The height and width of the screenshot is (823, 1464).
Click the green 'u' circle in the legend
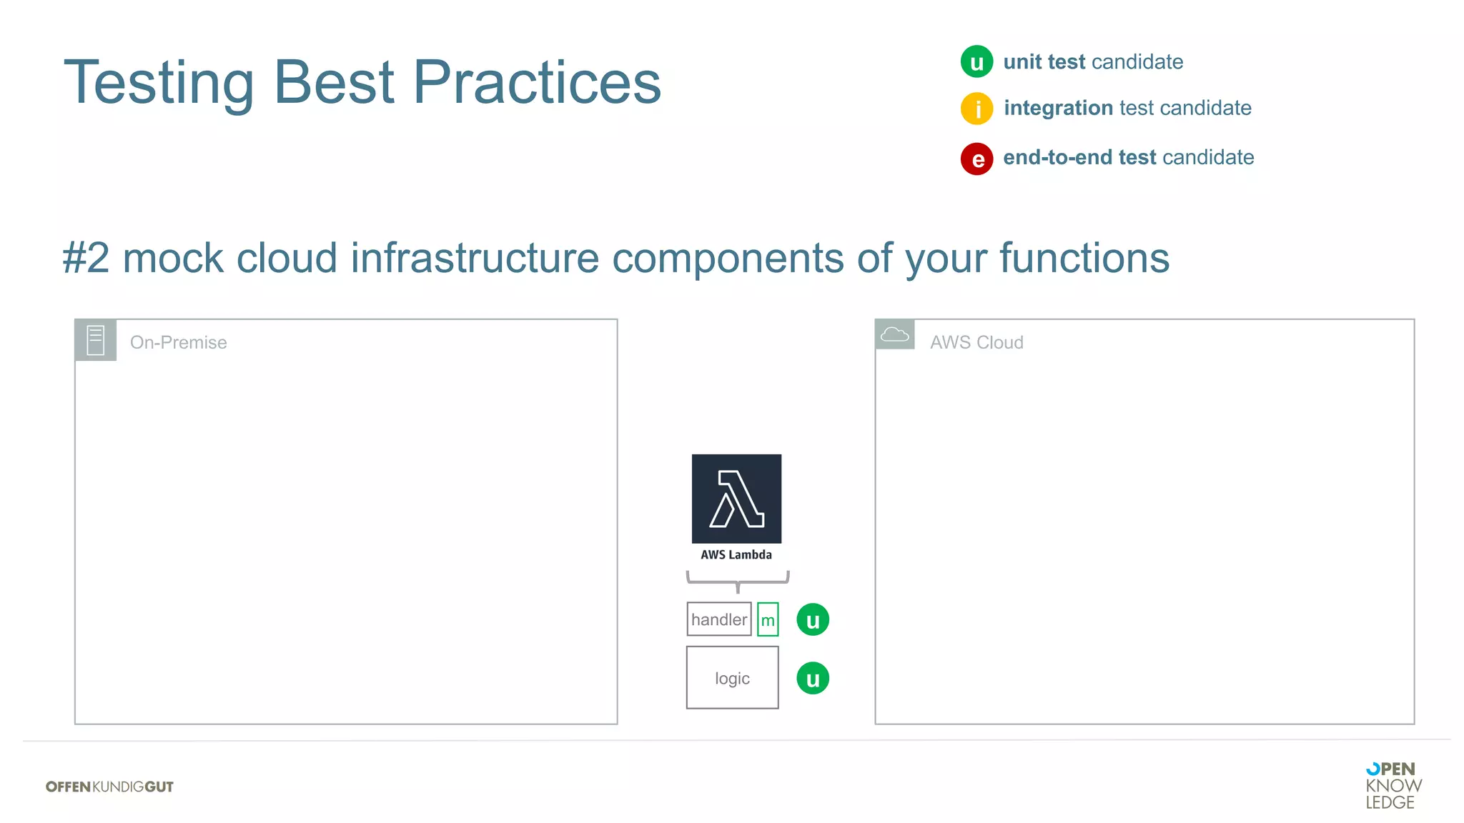pyautogui.click(x=976, y=61)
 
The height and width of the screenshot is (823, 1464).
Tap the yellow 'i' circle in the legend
pyautogui.click(x=976, y=109)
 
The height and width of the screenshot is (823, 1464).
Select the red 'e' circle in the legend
pyautogui.click(x=976, y=159)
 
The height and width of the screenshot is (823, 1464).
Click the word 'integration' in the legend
pyautogui.click(x=1058, y=108)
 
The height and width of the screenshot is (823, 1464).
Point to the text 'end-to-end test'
pyautogui.click(x=1079, y=157)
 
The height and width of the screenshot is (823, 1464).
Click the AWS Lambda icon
pyautogui.click(x=736, y=498)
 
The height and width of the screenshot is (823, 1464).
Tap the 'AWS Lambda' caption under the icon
pyautogui.click(x=736, y=554)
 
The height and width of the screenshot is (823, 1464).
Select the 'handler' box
pyautogui.click(x=718, y=619)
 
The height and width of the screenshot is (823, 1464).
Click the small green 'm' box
pyautogui.click(x=768, y=619)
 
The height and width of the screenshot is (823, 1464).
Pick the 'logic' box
pyautogui.click(x=732, y=678)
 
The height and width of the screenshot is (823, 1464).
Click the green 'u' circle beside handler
pyautogui.click(x=813, y=619)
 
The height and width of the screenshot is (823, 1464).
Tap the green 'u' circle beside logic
pyautogui.click(x=813, y=678)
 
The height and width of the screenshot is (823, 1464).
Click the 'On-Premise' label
pyautogui.click(x=178, y=342)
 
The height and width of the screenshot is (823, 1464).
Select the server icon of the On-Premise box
pyautogui.click(x=96, y=340)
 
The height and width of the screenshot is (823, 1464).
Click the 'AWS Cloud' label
pyautogui.click(x=976, y=342)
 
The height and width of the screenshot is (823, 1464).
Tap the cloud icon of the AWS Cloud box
pyautogui.click(x=894, y=334)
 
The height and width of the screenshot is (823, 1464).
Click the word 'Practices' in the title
pyautogui.click(x=537, y=82)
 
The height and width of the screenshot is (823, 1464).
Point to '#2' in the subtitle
pyautogui.click(x=86, y=258)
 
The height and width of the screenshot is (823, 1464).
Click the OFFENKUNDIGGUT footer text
pyautogui.click(x=109, y=787)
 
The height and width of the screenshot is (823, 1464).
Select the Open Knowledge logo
pyautogui.click(x=1393, y=785)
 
